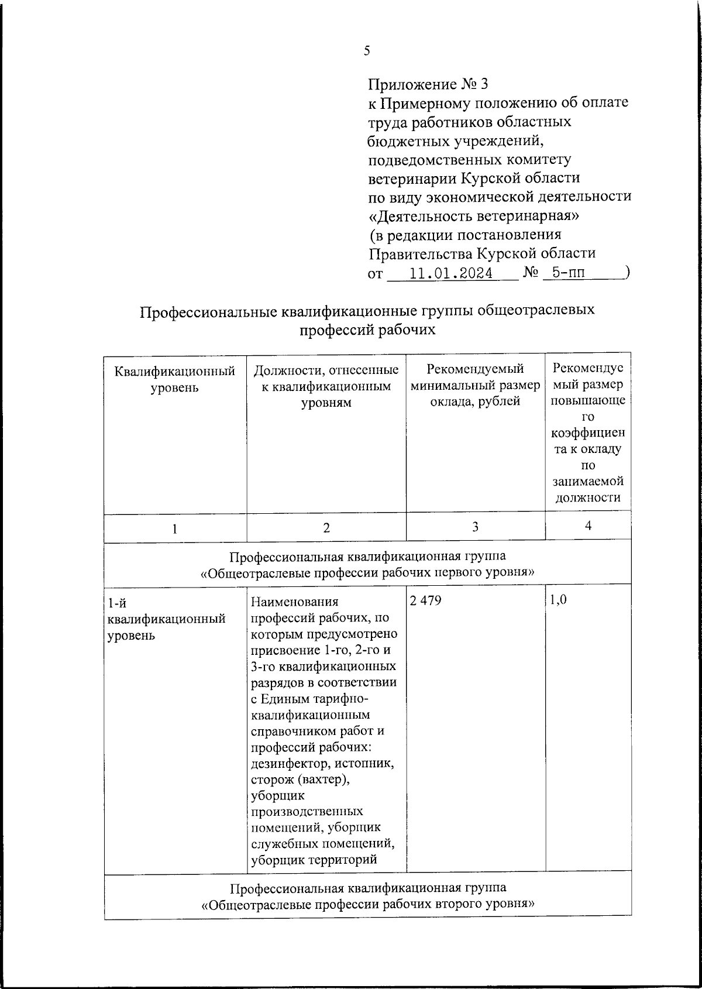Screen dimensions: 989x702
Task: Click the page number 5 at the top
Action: point(367,51)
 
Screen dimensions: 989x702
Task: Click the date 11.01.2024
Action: point(451,273)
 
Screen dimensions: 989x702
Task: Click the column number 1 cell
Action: point(174,528)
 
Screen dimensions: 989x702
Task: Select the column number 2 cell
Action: point(326,528)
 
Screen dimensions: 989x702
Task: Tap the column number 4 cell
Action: point(588,526)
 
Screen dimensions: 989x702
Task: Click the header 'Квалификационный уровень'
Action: point(174,379)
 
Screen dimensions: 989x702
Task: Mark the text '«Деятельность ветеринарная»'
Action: point(474,216)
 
